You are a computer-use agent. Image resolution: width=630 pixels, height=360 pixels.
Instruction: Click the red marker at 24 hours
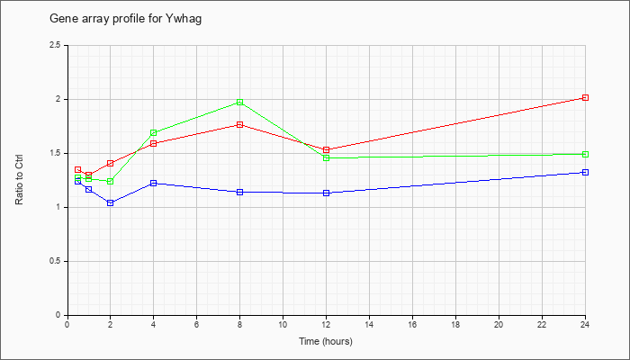(585, 97)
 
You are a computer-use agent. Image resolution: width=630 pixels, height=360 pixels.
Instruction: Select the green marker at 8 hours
(240, 102)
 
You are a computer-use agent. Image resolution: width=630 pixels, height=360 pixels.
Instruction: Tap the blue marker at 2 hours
(110, 202)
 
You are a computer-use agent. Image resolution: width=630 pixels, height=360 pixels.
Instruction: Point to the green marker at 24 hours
(585, 154)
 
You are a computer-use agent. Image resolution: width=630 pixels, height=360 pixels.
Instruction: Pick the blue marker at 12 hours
(326, 193)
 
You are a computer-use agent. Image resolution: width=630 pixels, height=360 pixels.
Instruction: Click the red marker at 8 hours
(240, 124)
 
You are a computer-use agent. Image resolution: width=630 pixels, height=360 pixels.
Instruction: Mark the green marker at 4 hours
(154, 132)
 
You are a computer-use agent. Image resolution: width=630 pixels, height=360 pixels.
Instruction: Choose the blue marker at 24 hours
(585, 173)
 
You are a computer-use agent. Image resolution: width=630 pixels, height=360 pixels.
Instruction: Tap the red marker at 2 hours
(110, 163)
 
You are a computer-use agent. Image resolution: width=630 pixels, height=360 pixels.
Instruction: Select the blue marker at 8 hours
(240, 192)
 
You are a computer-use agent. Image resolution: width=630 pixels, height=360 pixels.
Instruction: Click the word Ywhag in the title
(184, 19)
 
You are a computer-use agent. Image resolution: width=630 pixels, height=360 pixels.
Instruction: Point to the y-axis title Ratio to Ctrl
(19, 179)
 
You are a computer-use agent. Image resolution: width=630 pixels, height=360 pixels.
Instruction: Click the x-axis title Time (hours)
(326, 341)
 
